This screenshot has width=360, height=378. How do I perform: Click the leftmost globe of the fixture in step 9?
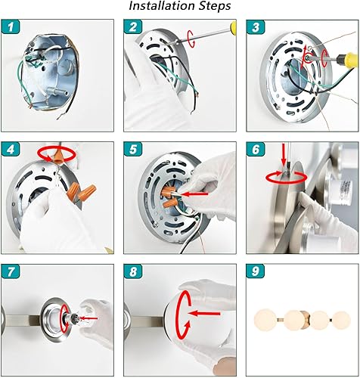pyautogui.click(x=265, y=318)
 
